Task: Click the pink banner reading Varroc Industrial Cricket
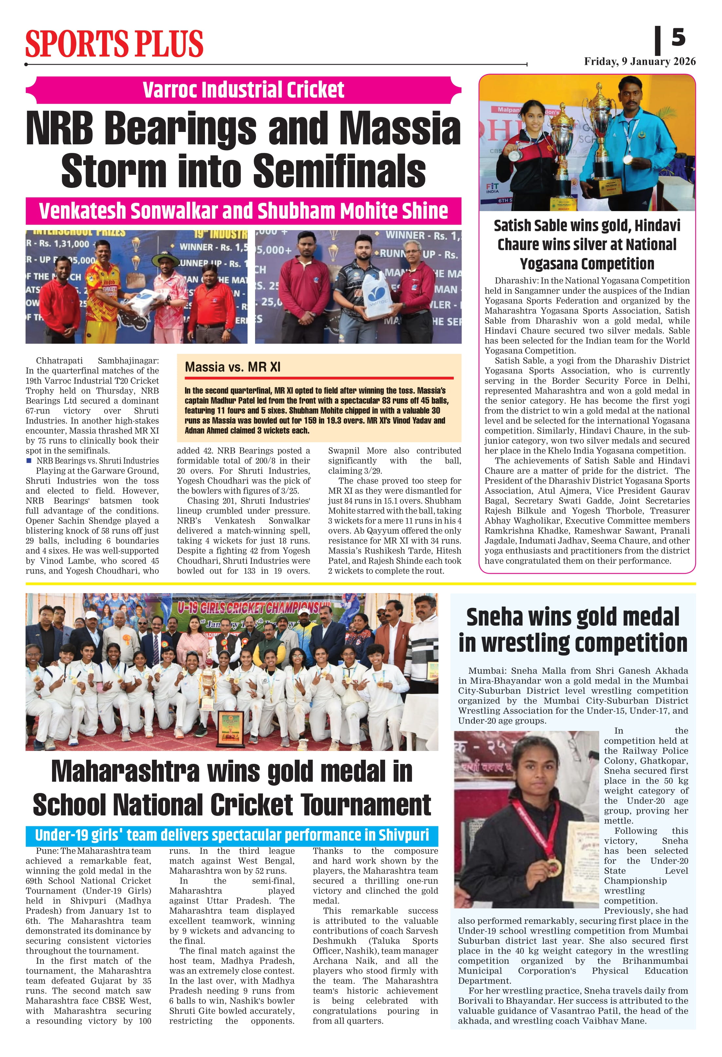point(243,90)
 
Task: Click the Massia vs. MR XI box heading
point(232,367)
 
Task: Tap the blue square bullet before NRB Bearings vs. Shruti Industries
point(29,461)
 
